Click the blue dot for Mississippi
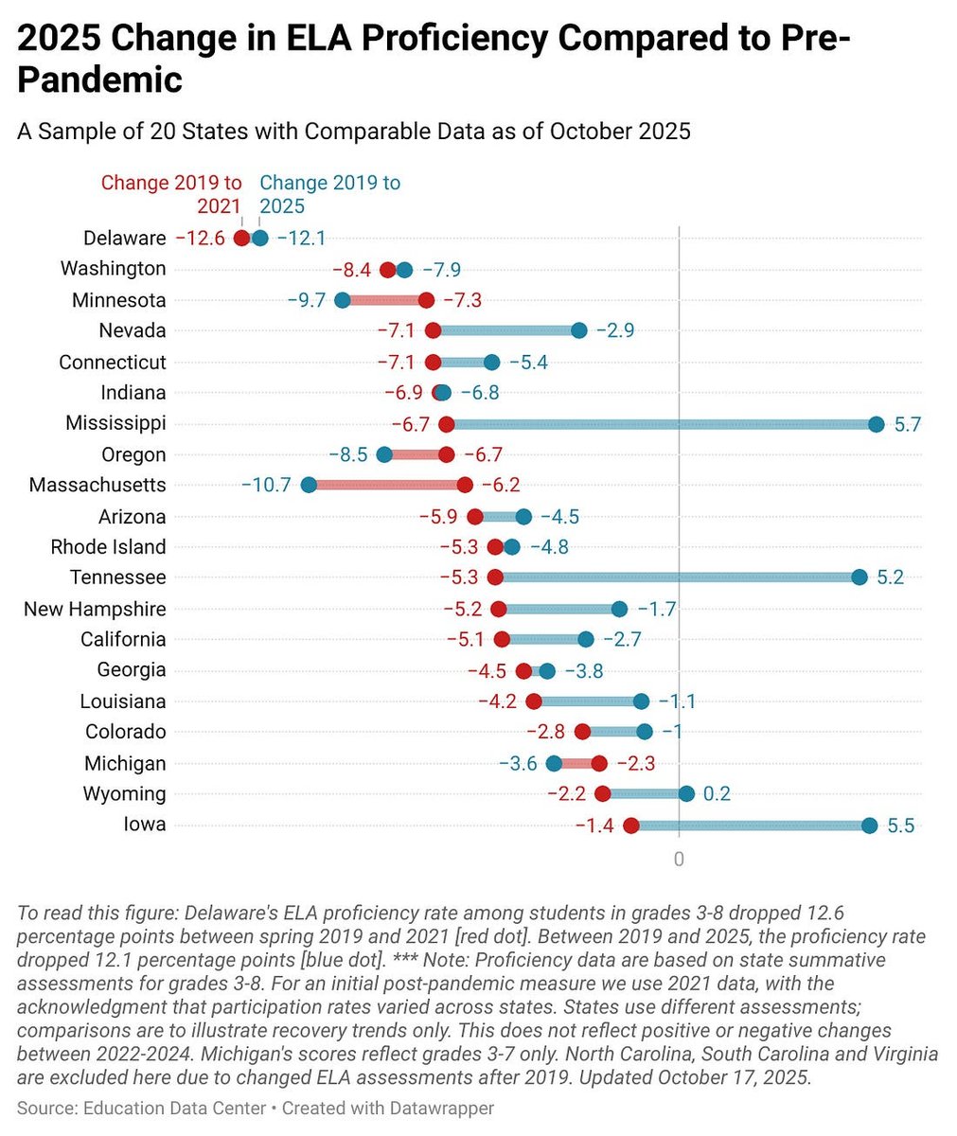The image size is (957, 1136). (876, 424)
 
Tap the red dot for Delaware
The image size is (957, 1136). (242, 239)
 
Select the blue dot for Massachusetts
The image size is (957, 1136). (309, 486)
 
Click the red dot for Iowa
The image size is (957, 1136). (631, 825)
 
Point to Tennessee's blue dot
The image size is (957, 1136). (859, 577)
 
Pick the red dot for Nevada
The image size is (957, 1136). (433, 330)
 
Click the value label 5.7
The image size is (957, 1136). (907, 424)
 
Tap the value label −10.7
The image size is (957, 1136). (266, 486)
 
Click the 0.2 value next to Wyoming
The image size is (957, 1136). (717, 794)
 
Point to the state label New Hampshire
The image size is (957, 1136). (95, 609)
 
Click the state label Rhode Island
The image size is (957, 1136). (108, 547)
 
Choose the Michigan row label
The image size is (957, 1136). (125, 763)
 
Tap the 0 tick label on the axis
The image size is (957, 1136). (679, 860)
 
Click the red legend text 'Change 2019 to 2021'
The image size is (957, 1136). (171, 194)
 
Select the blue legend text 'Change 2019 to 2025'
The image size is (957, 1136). (329, 194)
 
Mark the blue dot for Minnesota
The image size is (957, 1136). (343, 300)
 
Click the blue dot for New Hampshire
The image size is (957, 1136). (619, 609)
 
